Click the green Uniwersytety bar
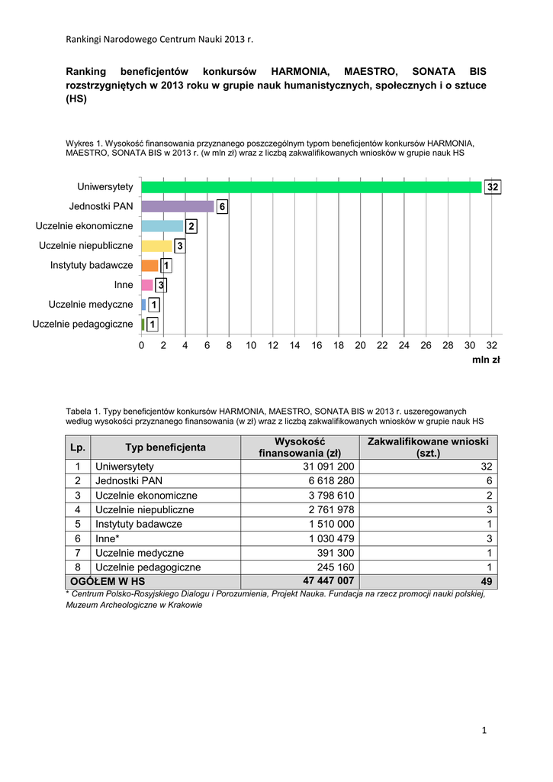point(311,187)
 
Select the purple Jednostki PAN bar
point(178,206)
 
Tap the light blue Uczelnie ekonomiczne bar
point(162,226)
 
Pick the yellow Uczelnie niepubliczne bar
point(156,246)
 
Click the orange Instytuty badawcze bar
point(150,265)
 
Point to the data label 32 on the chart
point(493,187)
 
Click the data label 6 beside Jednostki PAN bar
point(221,207)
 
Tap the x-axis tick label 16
point(317,345)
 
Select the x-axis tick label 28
point(448,345)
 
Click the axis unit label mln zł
point(486,360)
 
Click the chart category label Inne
point(124,285)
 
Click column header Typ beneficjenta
point(166,448)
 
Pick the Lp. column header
point(78,448)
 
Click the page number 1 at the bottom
point(484,731)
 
